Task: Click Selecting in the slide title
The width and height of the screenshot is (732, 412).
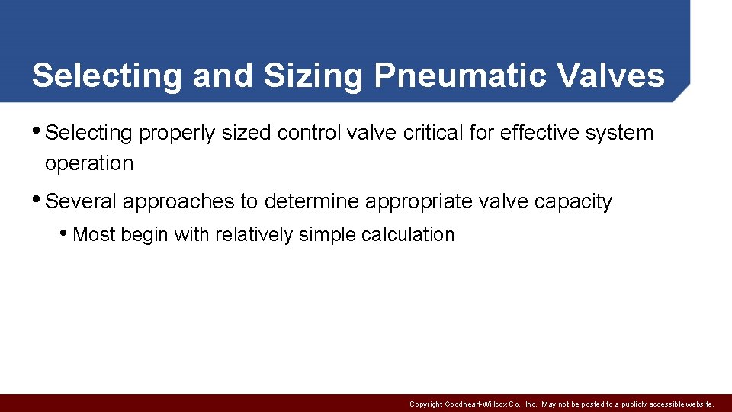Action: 107,76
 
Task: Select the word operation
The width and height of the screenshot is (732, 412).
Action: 89,163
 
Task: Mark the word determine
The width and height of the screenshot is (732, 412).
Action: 312,201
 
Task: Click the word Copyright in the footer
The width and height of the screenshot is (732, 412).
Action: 425,404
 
